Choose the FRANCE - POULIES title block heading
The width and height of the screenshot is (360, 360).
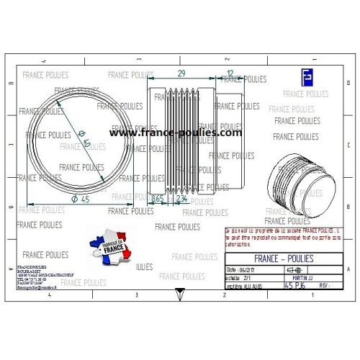[x=285, y=258]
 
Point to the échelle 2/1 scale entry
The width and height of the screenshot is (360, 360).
[x=242, y=277]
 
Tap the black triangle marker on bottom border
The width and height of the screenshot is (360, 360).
[x=179, y=293]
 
